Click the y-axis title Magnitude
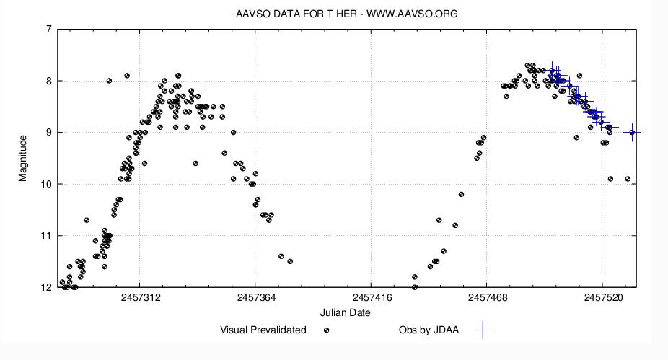[23, 158]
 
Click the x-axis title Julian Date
[346, 313]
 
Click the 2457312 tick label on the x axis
[140, 297]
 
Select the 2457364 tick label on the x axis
[255, 297]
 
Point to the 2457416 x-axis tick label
[371, 297]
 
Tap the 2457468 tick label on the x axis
[486, 297]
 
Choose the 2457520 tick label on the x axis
[602, 297]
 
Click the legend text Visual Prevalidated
[263, 330]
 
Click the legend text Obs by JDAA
[429, 330]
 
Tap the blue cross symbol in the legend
[483, 330]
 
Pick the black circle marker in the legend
[327, 330]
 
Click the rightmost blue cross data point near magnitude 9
[633, 132]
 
